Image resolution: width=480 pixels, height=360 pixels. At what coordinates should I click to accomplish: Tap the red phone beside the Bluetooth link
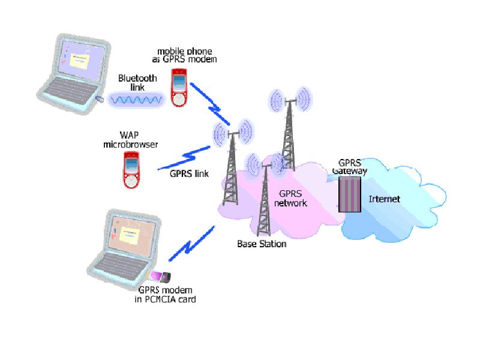[x=178, y=88]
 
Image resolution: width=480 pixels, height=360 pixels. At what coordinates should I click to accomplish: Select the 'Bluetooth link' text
[x=137, y=83]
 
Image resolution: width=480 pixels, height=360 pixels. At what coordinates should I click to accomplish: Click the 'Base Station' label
[x=262, y=244]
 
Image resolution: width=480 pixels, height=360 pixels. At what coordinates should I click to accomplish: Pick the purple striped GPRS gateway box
[x=350, y=194]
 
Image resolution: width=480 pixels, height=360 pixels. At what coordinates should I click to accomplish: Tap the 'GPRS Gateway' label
[x=350, y=167]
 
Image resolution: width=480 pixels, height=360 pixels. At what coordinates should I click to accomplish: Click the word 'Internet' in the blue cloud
[x=385, y=199]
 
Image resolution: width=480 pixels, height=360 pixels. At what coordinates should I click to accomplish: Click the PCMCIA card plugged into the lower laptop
[x=160, y=277]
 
